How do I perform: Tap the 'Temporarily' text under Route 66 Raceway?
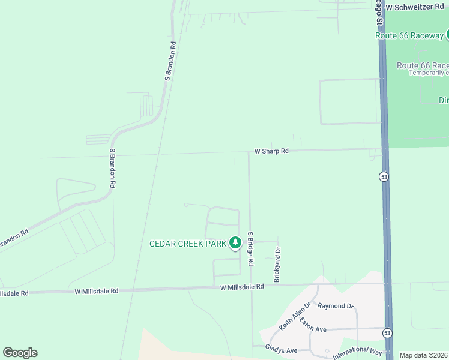coord(429,73)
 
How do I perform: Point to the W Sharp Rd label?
coord(271,151)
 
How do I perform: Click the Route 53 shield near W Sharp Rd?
coord(383,176)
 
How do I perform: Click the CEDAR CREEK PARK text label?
coord(187,243)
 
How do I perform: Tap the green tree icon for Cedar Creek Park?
coord(235,243)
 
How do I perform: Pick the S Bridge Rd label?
coord(251,250)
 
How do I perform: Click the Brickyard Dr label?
coord(277,265)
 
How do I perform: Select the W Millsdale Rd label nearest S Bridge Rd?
coord(242,287)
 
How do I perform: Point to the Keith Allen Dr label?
coord(294,316)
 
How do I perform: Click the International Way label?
coord(357,352)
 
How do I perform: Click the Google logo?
coord(20,353)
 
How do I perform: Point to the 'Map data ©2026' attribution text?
coord(424,355)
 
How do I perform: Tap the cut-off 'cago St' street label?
coord(379,13)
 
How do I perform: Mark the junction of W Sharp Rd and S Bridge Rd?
coord(249,152)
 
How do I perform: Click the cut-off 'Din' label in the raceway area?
coord(444,100)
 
